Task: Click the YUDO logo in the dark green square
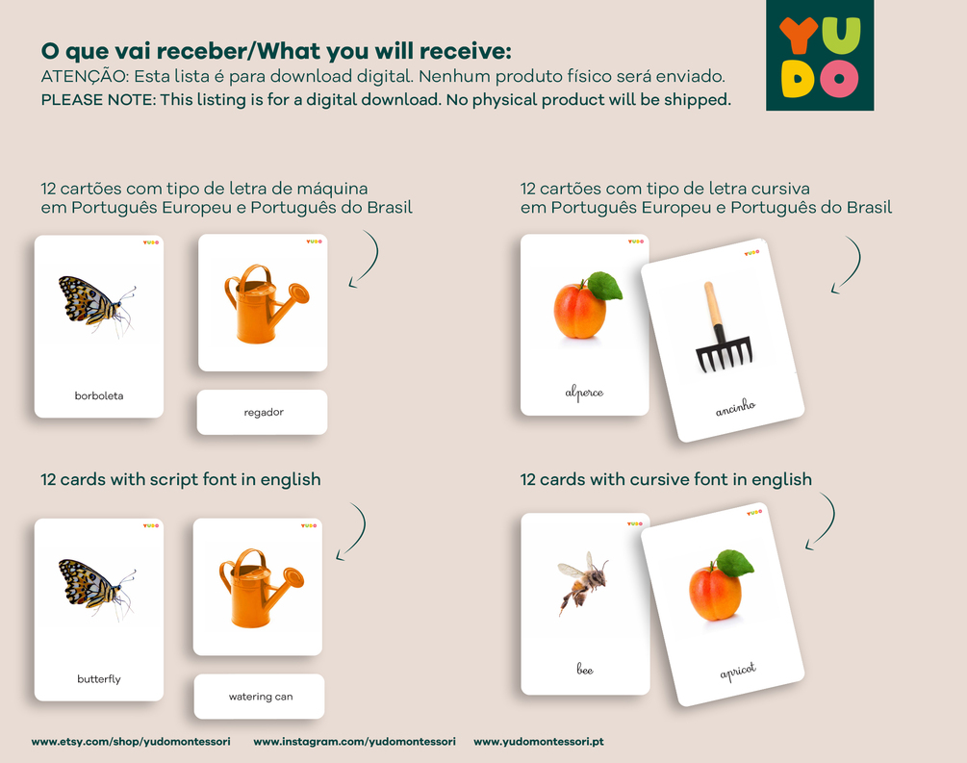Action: pyautogui.click(x=820, y=55)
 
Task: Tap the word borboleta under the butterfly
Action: pyautogui.click(x=99, y=396)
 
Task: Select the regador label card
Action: pyautogui.click(x=262, y=412)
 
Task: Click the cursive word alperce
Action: pyautogui.click(x=584, y=393)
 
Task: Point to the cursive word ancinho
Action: pyautogui.click(x=735, y=407)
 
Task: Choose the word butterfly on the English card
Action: pyautogui.click(x=99, y=679)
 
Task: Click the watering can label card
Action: pyautogui.click(x=259, y=697)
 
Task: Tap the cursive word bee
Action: pyautogui.click(x=585, y=670)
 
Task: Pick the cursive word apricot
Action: pyautogui.click(x=738, y=671)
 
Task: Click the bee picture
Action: pyautogui.click(x=583, y=583)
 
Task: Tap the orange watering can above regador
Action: pyautogui.click(x=267, y=303)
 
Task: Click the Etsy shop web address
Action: pyautogui.click(x=131, y=742)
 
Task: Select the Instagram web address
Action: pyautogui.click(x=355, y=742)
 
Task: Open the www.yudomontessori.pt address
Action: pyautogui.click(x=539, y=742)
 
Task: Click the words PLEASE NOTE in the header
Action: pyautogui.click(x=98, y=100)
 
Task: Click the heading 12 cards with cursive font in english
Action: pyautogui.click(x=666, y=479)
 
